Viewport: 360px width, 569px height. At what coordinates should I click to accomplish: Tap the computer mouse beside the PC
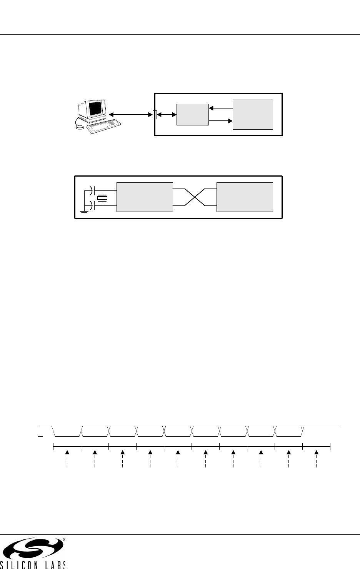[80, 127]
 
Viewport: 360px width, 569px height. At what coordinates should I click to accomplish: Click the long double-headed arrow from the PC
[131, 115]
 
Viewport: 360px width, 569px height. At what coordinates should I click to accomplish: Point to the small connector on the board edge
[155, 115]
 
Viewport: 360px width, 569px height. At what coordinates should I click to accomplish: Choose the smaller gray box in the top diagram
[193, 115]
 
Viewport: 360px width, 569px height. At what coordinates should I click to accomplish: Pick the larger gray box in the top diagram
[253, 115]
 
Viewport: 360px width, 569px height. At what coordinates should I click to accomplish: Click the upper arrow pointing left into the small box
[221, 108]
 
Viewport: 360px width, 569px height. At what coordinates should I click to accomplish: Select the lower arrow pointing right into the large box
[221, 121]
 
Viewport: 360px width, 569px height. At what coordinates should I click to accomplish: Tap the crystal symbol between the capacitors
[102, 198]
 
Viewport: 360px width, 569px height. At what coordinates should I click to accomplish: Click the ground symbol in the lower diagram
[84, 212]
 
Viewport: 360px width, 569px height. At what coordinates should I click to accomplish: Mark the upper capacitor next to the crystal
[92, 190]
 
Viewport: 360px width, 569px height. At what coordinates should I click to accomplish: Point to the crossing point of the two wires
[195, 197]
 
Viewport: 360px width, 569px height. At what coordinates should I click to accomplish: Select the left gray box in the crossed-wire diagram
[145, 197]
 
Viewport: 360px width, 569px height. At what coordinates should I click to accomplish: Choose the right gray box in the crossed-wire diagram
[245, 197]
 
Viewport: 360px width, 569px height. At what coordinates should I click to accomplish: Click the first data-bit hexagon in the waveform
[95, 431]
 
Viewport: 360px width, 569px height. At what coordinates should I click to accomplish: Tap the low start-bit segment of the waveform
[67, 436]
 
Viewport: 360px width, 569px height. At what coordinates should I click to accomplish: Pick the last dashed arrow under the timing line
[316, 459]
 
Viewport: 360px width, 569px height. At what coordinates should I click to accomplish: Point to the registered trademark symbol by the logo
[64, 539]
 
